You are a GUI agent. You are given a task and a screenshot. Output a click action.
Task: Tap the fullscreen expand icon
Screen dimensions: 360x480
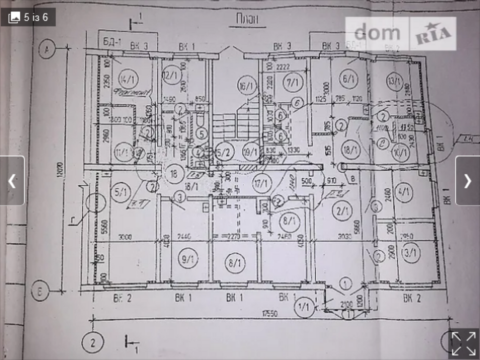point(463,344)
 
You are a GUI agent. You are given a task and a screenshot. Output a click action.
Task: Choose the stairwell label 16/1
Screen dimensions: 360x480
point(246,85)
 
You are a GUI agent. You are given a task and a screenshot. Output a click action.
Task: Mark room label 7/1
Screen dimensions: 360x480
point(292,82)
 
